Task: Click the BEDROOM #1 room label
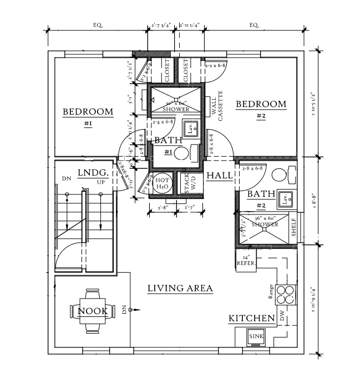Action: coord(88,112)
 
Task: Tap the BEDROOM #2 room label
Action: coord(261,105)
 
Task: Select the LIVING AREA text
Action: coord(180,288)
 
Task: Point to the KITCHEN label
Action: coord(252,319)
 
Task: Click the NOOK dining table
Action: coord(93,311)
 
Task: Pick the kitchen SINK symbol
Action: coord(256,336)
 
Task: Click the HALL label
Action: coord(219,175)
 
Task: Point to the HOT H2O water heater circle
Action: coord(163,183)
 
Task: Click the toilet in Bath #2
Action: coord(280,173)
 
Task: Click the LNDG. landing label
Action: coord(92,172)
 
